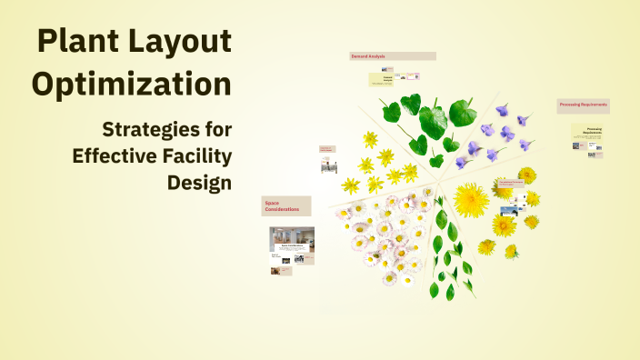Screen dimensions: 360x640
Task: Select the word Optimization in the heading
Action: coord(131,85)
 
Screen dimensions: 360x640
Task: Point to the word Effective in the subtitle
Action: coord(115,155)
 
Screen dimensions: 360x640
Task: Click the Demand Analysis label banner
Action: coord(392,56)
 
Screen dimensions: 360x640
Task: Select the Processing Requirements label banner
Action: coord(583,106)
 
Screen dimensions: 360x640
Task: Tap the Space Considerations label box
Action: coord(286,206)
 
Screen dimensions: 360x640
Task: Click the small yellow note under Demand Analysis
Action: coord(386,80)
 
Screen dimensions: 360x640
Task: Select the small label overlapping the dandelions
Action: coord(510,184)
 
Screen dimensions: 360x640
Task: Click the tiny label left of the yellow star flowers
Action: coord(327,148)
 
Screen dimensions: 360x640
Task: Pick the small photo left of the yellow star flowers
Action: coord(328,165)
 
